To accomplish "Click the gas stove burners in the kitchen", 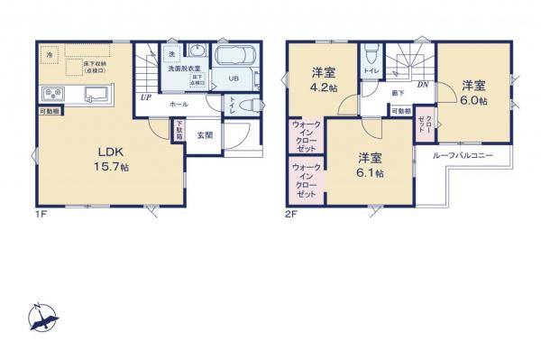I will tap(50, 94).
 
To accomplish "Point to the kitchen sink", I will tap(96, 94).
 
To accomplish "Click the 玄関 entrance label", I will tap(206, 135).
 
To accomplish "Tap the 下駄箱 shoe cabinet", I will tap(180, 132).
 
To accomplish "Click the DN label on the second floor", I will tap(421, 84).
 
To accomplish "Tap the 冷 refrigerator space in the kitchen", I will tap(50, 55).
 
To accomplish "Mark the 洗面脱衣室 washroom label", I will tap(185, 68).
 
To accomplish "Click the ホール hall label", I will tap(179, 104).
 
